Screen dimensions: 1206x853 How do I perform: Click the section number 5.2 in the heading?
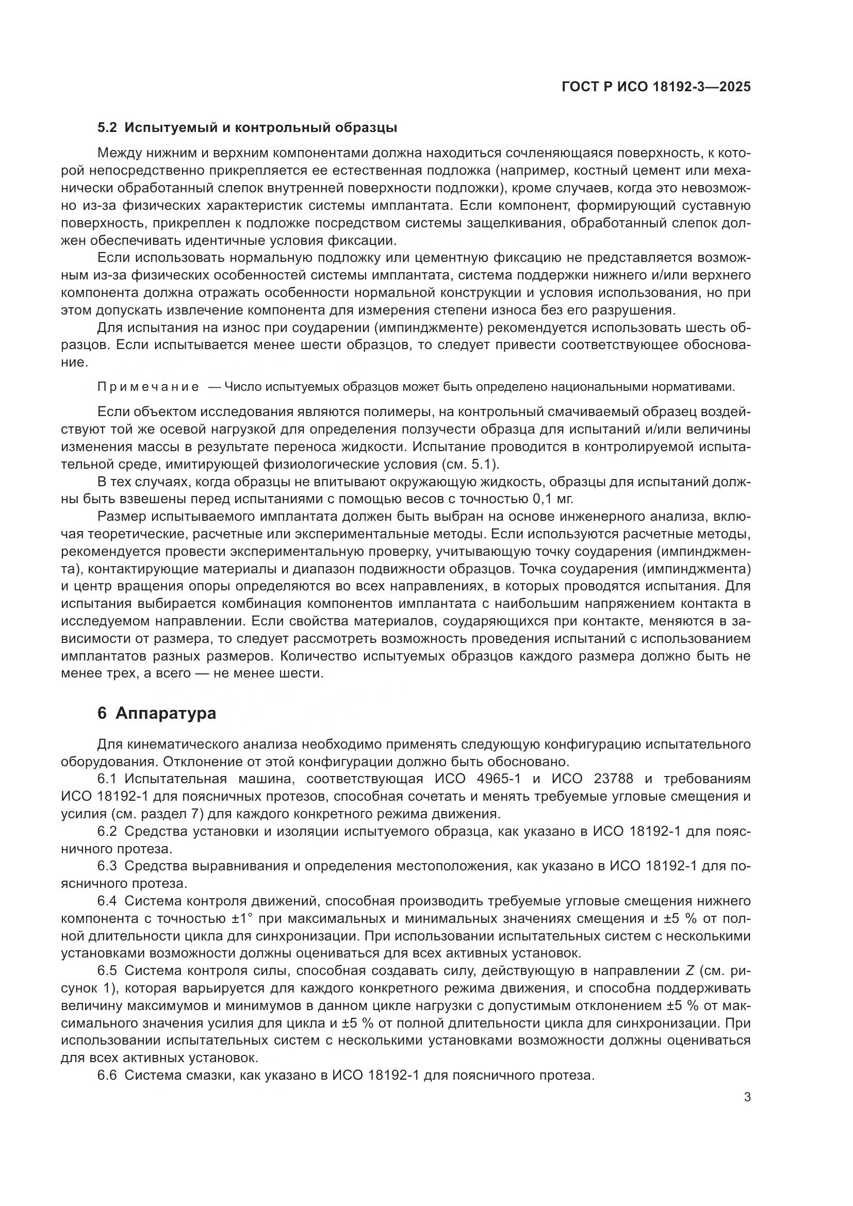click(108, 128)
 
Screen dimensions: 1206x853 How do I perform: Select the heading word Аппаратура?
click(166, 714)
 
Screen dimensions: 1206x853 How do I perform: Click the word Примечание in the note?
click(149, 387)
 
